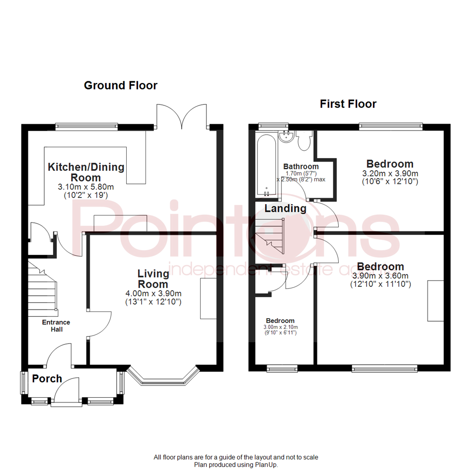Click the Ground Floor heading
pos(120,85)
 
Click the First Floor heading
pos(348,104)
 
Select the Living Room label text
pos(153,279)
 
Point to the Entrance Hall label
pos(56,326)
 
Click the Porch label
pos(47,378)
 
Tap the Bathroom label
pos(301,167)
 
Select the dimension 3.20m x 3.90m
pos(390,174)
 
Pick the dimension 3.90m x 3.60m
pos(380,276)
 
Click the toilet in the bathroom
pos(303,140)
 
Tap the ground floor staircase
pos(43,288)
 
